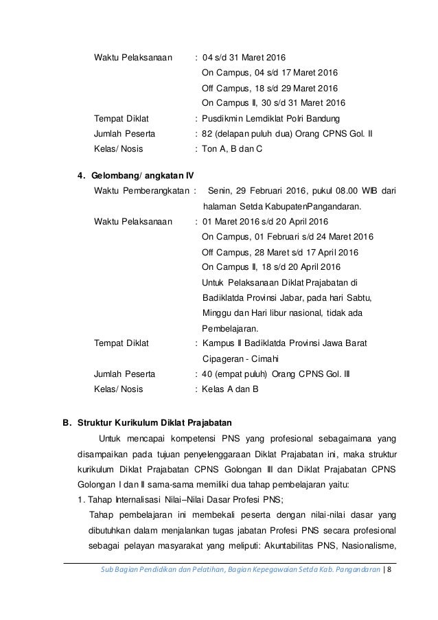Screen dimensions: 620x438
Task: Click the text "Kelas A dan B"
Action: (x=231, y=389)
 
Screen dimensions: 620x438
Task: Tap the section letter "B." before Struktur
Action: (x=67, y=422)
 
